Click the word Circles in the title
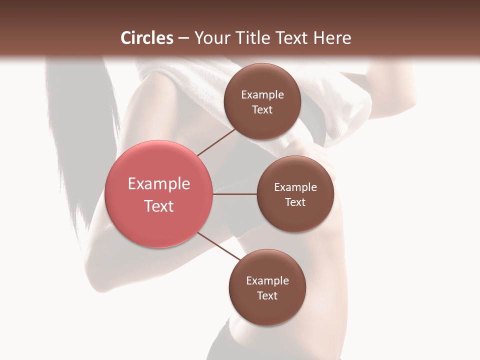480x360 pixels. tap(146, 38)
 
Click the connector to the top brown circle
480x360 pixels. tap(216, 141)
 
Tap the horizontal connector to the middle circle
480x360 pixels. tap(235, 194)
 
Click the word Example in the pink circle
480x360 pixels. tap(159, 184)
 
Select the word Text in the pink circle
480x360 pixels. tap(159, 206)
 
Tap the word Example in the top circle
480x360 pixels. tap(262, 95)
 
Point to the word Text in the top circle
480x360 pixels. tap(262, 110)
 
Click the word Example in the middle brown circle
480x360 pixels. tap(295, 187)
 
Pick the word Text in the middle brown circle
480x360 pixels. tap(295, 202)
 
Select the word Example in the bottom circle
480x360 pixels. tap(267, 281)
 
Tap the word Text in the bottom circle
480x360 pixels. tap(267, 296)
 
